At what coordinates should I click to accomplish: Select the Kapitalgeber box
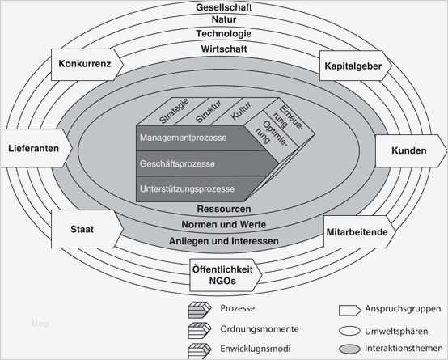[354, 66]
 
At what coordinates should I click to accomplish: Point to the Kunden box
[409, 151]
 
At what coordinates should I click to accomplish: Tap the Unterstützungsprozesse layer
[188, 189]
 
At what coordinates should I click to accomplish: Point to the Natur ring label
[224, 20]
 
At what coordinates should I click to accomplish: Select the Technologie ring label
[224, 34]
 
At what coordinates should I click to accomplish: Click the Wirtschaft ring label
[224, 48]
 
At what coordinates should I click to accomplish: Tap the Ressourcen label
[224, 209]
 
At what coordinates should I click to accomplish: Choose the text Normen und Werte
[224, 224]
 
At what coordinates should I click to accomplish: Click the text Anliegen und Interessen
[224, 241]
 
